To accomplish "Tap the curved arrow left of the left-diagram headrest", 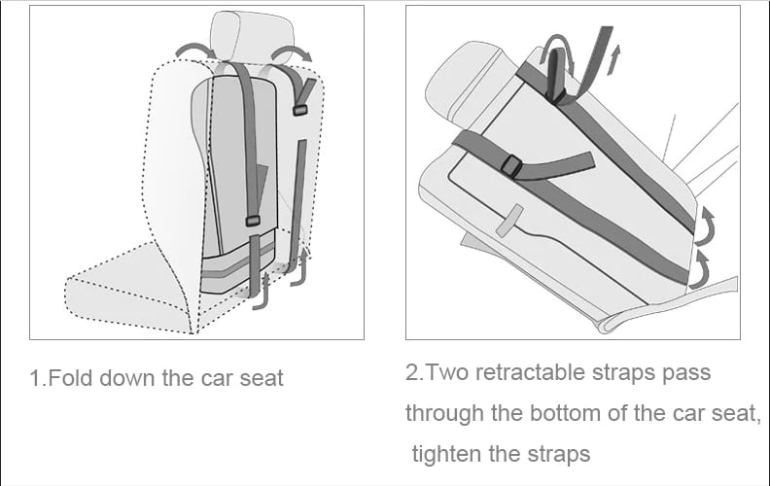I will click(192, 51).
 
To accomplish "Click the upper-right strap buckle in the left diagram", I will click(300, 109).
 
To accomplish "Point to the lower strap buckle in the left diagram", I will click(253, 222).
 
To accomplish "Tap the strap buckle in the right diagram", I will click(512, 167).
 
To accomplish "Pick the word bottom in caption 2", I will click(564, 413).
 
